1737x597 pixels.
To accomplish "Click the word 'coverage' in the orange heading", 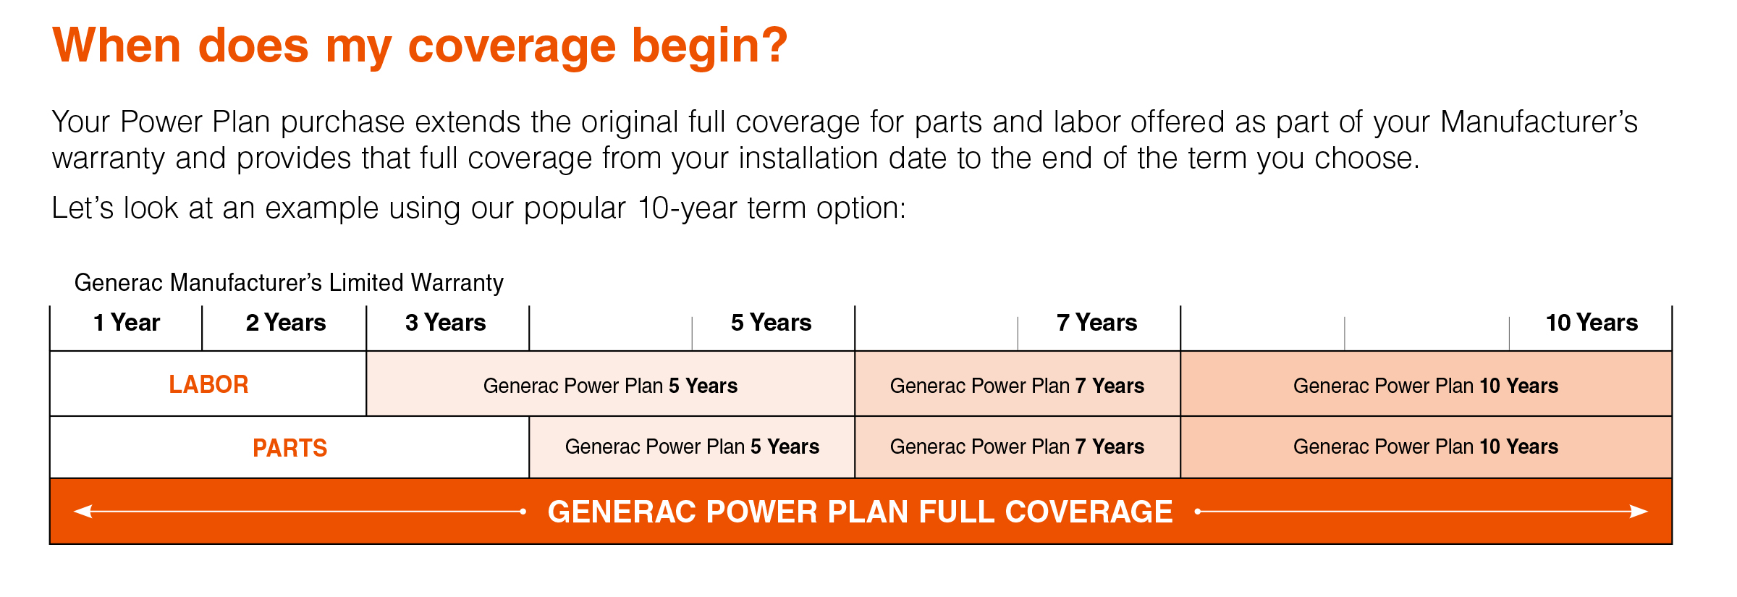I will [x=511, y=46].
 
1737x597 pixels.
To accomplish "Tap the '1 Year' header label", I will [x=127, y=323].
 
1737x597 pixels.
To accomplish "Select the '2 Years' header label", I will [x=286, y=323].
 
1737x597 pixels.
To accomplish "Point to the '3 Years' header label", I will [x=445, y=323].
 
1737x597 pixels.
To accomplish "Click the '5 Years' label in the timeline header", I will [x=771, y=323].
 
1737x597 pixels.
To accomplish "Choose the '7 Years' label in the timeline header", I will [x=1096, y=323].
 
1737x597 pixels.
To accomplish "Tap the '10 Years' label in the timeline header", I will [x=1592, y=323].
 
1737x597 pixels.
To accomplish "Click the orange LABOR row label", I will [x=208, y=384].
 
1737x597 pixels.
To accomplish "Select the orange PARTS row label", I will [x=289, y=448].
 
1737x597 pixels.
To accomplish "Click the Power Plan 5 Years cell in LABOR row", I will [x=610, y=386].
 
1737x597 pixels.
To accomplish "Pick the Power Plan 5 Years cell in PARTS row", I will [x=692, y=447].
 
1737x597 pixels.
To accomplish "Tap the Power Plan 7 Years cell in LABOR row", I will [x=1017, y=386].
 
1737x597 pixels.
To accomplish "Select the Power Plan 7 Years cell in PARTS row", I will [x=1017, y=447].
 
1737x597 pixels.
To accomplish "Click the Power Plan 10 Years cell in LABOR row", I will [x=1425, y=386].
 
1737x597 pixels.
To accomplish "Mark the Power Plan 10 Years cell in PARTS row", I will [x=1425, y=447].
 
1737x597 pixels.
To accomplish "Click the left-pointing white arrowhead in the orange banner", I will [x=83, y=512].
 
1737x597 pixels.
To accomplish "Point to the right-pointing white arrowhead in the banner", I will [x=1639, y=512].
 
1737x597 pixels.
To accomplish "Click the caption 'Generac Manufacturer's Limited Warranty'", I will [x=289, y=283].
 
